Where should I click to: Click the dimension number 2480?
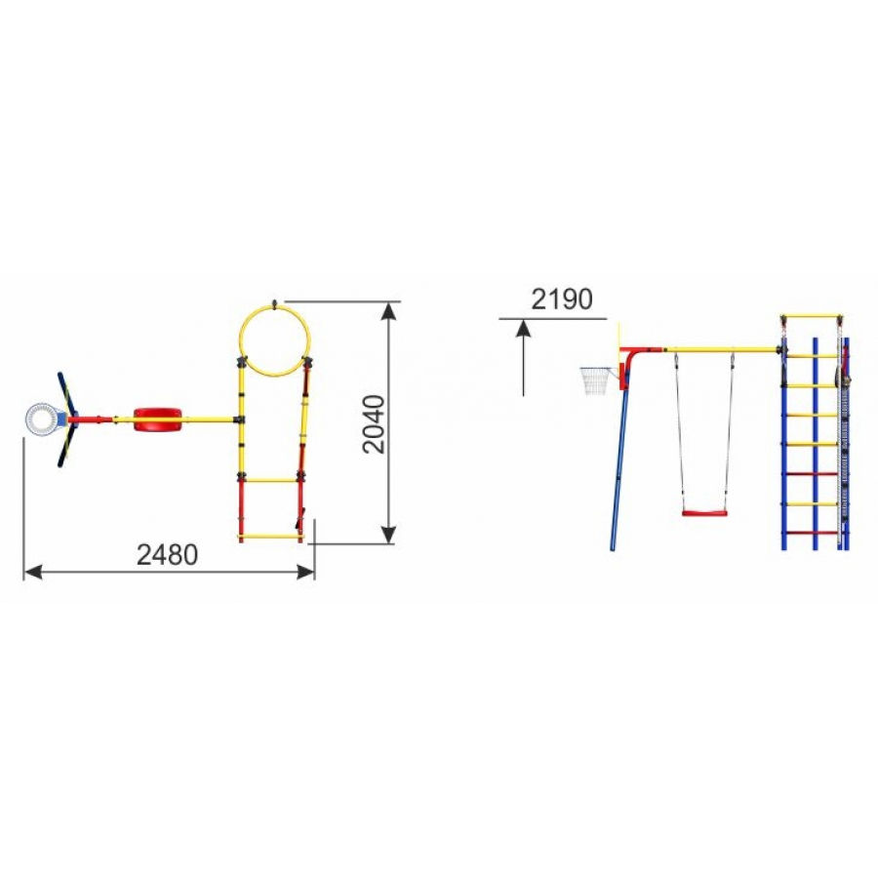point(168,555)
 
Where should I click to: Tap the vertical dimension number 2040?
point(374,424)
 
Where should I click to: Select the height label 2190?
point(562,299)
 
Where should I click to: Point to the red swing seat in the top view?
point(158,419)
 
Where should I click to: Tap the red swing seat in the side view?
point(704,512)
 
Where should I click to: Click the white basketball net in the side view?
point(597,380)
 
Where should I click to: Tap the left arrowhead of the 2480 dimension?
point(32,573)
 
